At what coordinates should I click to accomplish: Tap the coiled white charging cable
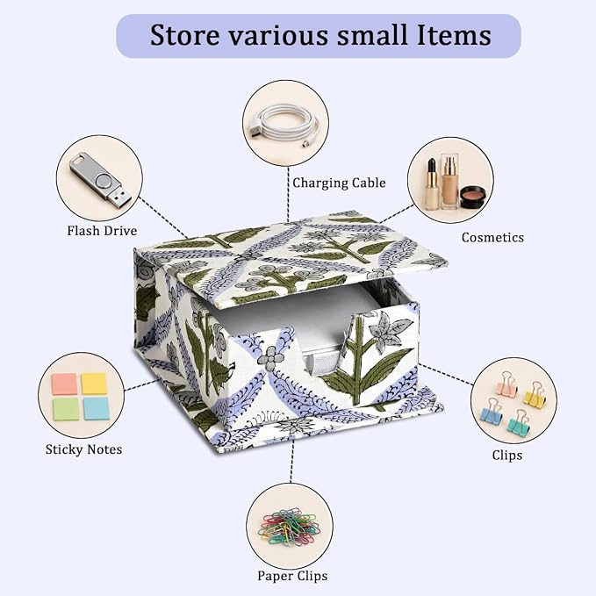click(x=284, y=124)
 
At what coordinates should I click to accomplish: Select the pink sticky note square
click(x=65, y=384)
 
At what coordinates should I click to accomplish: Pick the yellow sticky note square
click(x=94, y=384)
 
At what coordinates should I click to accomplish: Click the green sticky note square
click(x=66, y=409)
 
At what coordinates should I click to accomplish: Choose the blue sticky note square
click(x=97, y=409)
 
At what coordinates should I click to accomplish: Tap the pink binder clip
click(x=507, y=384)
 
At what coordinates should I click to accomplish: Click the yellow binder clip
click(x=535, y=393)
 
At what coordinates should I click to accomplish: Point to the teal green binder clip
click(x=518, y=422)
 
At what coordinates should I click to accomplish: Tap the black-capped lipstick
click(x=431, y=184)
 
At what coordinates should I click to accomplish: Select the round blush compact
click(x=473, y=197)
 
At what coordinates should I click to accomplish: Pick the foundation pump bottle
click(x=449, y=181)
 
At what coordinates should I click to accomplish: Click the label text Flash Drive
click(x=102, y=231)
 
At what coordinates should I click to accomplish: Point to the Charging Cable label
click(x=339, y=183)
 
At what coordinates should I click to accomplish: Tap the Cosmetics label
click(x=492, y=238)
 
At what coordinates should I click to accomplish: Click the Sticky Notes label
click(x=83, y=449)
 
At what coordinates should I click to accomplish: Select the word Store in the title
click(x=185, y=35)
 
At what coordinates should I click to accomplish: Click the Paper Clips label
click(x=292, y=576)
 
